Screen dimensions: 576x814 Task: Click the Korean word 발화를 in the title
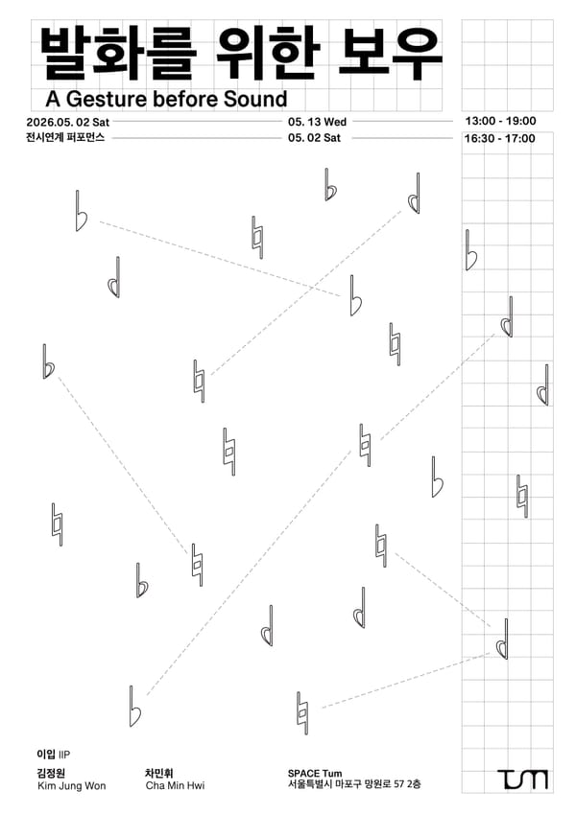coord(118,54)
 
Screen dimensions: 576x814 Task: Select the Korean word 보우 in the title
coord(390,54)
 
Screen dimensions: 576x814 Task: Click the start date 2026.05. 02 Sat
coord(67,122)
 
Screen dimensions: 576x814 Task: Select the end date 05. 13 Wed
coord(317,122)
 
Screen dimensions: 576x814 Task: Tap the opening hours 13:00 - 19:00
coord(500,121)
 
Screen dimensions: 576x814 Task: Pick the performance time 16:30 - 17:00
coord(499,139)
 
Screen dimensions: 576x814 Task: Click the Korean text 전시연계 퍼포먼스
coord(65,137)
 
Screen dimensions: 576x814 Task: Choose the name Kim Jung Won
coord(72,785)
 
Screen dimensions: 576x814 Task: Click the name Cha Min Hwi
coord(175,785)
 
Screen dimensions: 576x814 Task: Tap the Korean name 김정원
coord(51,773)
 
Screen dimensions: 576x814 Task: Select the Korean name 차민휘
coord(159,773)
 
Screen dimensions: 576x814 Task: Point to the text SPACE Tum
coord(315,774)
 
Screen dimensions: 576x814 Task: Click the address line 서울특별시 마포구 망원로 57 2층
coord(354,784)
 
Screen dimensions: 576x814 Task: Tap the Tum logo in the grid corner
coord(522,779)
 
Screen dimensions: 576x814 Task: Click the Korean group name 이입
coord(46,755)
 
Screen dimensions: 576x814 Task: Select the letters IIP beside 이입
coord(63,755)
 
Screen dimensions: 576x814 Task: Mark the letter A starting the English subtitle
coord(53,99)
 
